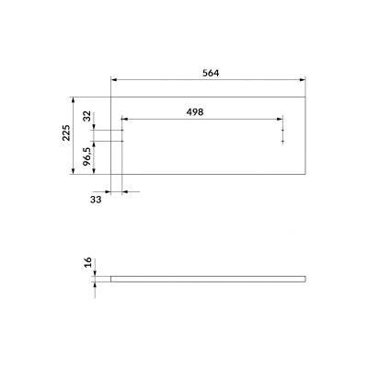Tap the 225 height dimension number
65,135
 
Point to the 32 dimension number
87,117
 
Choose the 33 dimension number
96,199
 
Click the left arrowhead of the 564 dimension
112,80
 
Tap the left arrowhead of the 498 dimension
123,119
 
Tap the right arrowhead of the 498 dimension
282,119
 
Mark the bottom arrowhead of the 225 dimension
73,174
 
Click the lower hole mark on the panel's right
282,142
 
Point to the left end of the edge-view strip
111,277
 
